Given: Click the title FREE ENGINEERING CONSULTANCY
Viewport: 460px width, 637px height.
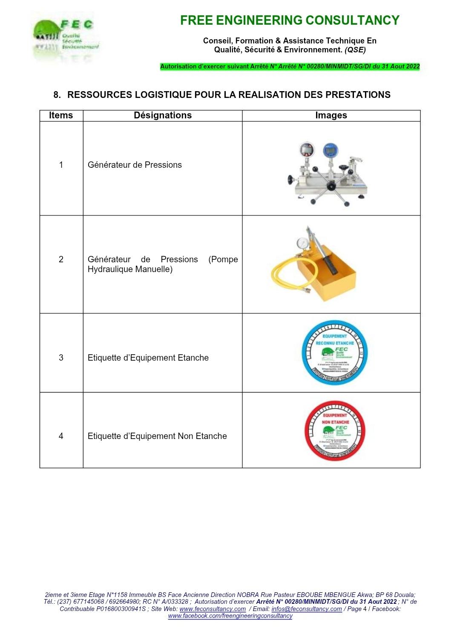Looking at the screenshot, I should click(290, 20).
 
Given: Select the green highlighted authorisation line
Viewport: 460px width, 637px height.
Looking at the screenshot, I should click(290, 66).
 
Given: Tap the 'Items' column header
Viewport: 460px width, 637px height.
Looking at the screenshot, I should click(61, 115).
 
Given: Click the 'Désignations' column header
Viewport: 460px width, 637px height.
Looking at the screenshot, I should click(163, 115).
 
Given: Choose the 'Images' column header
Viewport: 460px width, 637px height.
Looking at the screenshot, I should click(331, 115).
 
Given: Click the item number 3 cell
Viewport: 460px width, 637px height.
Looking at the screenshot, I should click(61, 358).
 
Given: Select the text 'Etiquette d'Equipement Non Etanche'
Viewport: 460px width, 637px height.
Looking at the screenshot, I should click(157, 436).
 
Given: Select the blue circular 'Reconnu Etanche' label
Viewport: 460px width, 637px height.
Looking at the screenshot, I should click(334, 353).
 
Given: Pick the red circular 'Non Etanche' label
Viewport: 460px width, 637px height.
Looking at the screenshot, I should click(335, 431).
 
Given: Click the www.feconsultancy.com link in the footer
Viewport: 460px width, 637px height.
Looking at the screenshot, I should click(213, 609).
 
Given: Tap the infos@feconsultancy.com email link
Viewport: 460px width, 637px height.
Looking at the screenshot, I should click(306, 609).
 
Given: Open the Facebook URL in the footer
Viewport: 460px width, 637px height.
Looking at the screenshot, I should click(230, 616).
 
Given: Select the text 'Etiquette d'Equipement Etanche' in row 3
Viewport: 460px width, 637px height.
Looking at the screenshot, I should click(148, 358).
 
